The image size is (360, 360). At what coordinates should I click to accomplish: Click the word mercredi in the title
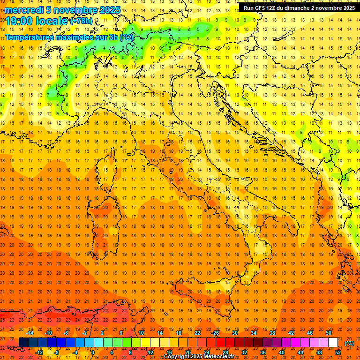[x=25, y=10]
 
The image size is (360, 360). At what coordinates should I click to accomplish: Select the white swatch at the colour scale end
[x=333, y=343]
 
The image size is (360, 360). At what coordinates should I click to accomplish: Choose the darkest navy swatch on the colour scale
[x=23, y=343]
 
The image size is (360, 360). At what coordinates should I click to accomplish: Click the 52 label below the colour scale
[x=338, y=352]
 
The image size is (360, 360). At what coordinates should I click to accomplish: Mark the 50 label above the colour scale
[x=329, y=333]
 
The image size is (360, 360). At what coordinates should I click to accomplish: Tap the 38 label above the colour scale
[x=272, y=333]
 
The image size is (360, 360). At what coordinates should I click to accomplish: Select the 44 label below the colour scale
[x=300, y=352]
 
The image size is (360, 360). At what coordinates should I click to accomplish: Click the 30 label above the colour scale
[x=235, y=333]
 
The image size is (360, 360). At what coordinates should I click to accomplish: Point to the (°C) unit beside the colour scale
[x=349, y=343]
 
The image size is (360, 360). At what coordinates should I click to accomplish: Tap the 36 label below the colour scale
[x=263, y=352]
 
